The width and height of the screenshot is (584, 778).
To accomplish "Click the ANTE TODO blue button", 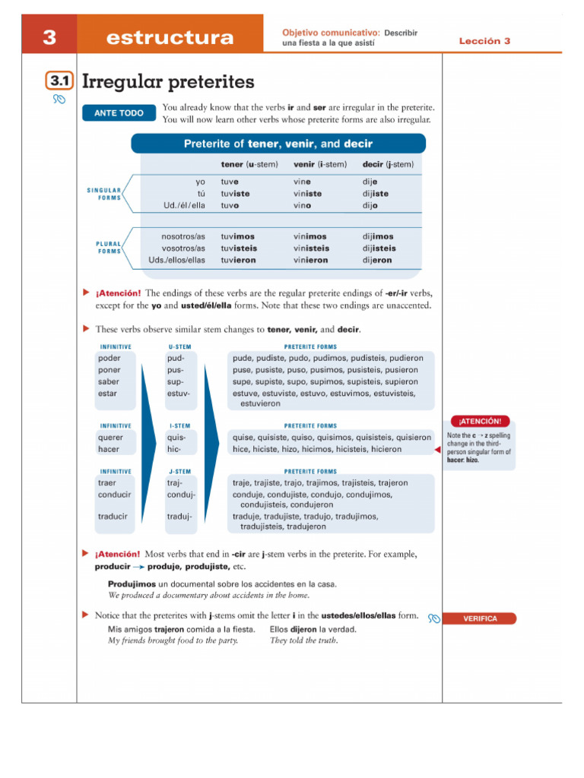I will click(x=118, y=113).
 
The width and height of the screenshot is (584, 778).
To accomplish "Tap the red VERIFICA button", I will click(x=480, y=618).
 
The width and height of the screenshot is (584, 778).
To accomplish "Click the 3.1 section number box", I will click(x=59, y=82).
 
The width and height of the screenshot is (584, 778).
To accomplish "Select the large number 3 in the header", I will click(x=49, y=37).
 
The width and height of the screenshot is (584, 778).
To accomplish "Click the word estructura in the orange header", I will click(x=170, y=38).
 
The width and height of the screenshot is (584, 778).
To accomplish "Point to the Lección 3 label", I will click(x=484, y=41).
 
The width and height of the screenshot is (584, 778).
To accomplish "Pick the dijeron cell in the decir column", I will click(x=377, y=260).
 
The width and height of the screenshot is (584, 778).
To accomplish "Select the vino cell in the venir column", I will click(x=302, y=205).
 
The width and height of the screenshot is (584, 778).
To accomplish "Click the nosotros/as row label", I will click(x=183, y=236).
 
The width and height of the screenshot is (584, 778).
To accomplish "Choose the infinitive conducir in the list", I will click(x=115, y=495).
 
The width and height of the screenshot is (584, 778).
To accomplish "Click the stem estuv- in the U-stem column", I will click(x=179, y=394).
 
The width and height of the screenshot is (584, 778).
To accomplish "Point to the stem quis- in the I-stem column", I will click(x=176, y=438).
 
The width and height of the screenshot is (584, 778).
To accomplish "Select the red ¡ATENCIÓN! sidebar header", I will click(x=477, y=420).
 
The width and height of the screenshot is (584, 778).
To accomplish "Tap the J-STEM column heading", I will click(x=179, y=471).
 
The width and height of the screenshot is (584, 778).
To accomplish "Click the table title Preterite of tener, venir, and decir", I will click(x=278, y=144).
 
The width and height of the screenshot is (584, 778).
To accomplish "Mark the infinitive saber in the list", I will click(x=109, y=381).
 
